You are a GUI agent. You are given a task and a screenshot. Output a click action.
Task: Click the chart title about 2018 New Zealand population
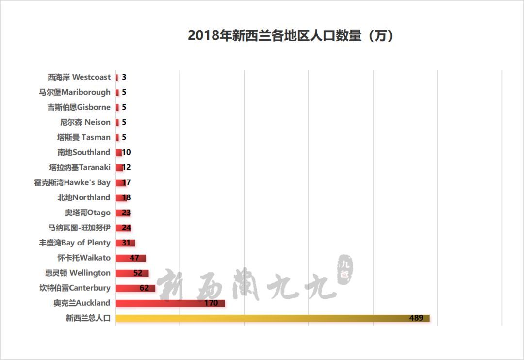(x=290, y=36)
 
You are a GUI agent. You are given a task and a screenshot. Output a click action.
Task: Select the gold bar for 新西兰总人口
(x=272, y=318)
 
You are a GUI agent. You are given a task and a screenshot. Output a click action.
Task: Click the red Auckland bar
(x=170, y=303)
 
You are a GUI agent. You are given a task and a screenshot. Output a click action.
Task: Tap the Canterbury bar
(x=135, y=288)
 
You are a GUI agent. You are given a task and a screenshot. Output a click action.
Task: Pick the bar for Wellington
(x=132, y=273)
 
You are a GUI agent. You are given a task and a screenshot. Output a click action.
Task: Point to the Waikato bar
(x=130, y=258)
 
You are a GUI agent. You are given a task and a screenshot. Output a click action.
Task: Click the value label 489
(x=417, y=318)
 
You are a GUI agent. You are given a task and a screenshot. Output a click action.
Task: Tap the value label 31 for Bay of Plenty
(x=127, y=243)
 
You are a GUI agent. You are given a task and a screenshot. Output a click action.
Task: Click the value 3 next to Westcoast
(x=124, y=77)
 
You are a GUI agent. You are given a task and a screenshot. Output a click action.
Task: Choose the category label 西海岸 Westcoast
(x=79, y=77)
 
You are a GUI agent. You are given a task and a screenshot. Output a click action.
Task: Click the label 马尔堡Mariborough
(x=75, y=92)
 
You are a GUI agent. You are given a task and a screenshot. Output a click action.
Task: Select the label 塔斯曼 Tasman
(x=84, y=137)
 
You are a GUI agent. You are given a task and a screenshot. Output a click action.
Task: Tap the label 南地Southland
(x=84, y=152)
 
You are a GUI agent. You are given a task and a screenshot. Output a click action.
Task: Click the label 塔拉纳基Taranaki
(x=80, y=167)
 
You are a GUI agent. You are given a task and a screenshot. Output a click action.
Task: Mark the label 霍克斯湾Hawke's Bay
(x=72, y=182)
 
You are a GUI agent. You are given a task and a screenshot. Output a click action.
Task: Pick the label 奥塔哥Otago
(x=88, y=213)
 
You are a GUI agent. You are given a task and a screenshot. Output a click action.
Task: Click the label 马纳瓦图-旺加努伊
(x=79, y=228)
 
